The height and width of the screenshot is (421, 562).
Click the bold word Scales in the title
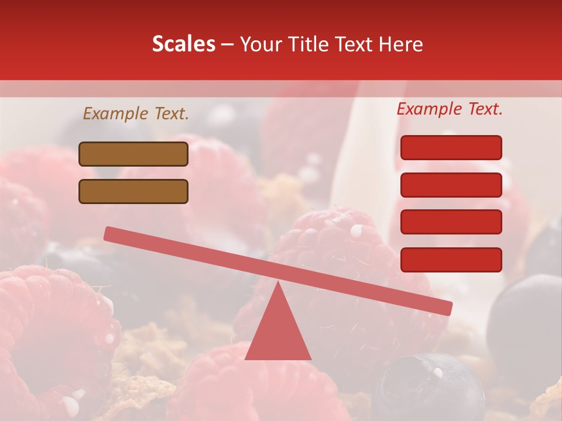click(x=183, y=44)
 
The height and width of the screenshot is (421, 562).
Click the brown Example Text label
click(x=136, y=113)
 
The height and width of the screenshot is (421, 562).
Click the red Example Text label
click(x=450, y=109)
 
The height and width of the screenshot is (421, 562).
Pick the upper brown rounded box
click(x=133, y=154)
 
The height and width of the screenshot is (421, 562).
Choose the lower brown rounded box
click(x=133, y=191)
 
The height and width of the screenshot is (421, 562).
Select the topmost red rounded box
click(x=451, y=147)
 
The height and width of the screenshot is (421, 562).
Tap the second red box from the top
click(x=451, y=185)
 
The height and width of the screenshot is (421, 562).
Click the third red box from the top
click(x=451, y=222)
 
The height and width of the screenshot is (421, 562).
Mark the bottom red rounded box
click(x=451, y=260)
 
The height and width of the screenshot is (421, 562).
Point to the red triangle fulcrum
click(x=278, y=330)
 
